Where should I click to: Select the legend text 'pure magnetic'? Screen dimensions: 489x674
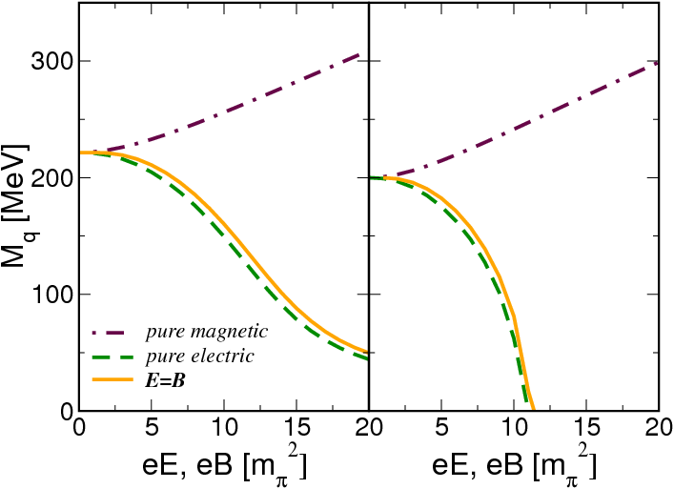[x=206, y=332]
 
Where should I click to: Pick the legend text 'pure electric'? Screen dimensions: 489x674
[x=199, y=357]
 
